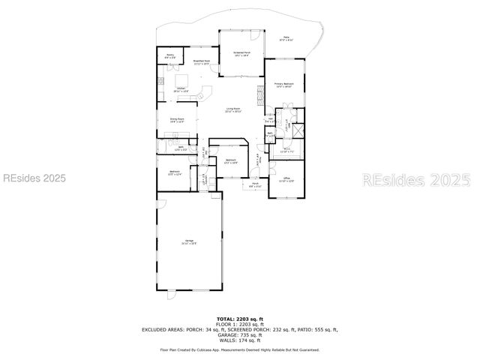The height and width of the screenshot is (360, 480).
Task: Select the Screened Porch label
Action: tap(241, 53)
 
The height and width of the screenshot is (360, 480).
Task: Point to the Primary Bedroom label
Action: tap(283, 85)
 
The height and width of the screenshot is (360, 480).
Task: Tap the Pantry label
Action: tap(170, 56)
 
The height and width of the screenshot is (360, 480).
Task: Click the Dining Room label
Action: tap(177, 120)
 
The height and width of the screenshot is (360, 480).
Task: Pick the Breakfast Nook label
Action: tap(202, 62)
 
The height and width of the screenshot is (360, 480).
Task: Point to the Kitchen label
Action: tap(181, 89)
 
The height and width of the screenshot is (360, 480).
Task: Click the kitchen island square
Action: tap(182, 80)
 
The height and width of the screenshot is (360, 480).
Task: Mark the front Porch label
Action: tap(255, 184)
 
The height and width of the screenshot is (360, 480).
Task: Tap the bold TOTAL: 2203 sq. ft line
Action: tap(239, 319)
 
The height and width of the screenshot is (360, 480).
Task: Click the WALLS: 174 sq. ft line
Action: tap(239, 340)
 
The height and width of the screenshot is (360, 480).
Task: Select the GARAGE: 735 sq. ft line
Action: tap(239, 334)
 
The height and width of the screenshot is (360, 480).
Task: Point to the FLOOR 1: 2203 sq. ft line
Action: tap(239, 324)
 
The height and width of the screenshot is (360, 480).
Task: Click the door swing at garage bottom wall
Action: tap(172, 295)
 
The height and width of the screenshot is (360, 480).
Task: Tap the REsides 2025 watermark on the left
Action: tap(34, 178)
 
